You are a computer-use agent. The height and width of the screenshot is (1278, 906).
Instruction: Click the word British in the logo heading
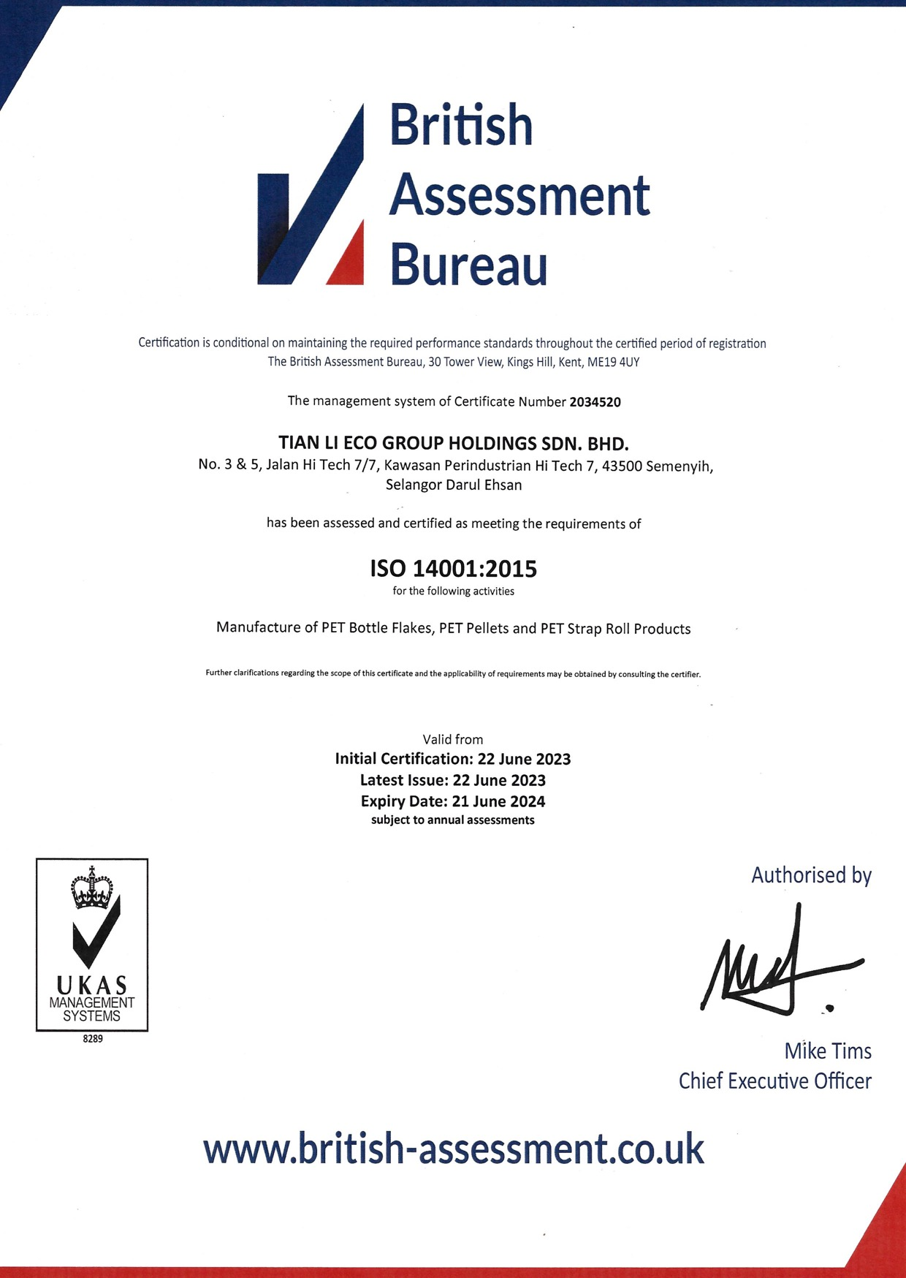461,125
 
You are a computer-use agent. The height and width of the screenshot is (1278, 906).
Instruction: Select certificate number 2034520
595,401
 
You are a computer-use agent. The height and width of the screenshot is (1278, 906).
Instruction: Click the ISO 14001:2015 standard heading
453,569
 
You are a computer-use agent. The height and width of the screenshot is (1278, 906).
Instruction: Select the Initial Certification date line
453,759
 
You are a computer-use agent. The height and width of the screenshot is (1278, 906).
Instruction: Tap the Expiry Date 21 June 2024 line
453,801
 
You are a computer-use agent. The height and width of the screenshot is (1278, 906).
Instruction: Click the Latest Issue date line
453,780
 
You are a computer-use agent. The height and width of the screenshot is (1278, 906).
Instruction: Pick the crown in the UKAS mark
92,888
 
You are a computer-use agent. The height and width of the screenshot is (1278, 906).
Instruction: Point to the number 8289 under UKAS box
93,1039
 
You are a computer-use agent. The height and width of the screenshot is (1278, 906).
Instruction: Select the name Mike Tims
828,1051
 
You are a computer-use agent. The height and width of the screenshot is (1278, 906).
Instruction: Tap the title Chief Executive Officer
774,1081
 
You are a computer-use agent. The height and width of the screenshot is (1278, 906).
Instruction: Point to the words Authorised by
811,875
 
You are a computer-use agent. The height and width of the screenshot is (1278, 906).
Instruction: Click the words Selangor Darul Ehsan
453,485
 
